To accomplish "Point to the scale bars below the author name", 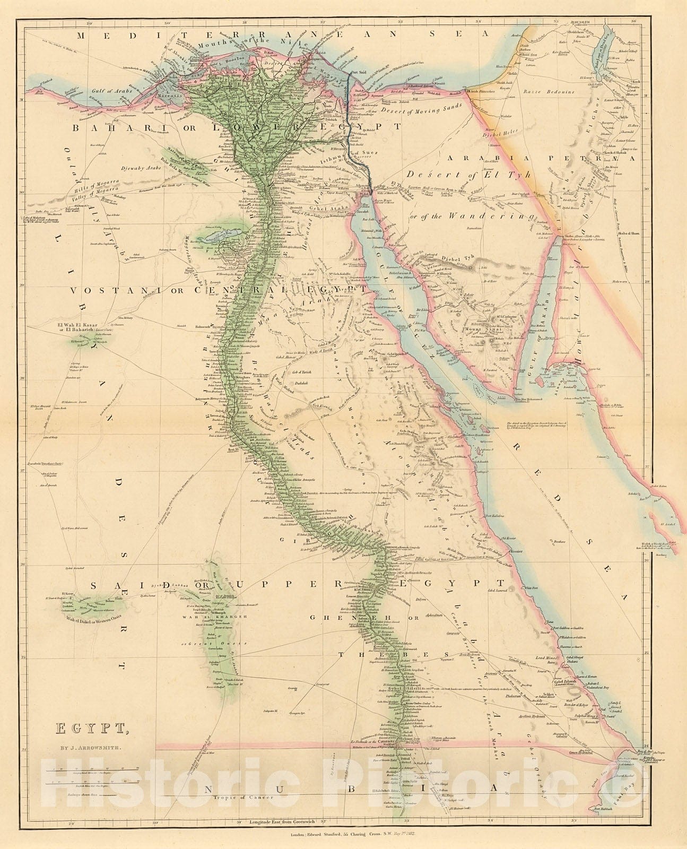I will (93, 776).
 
